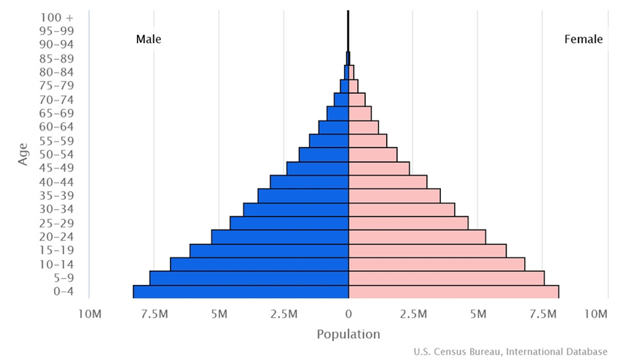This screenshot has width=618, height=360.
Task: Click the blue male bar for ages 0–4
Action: tap(240, 291)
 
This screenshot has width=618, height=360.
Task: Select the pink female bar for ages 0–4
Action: tap(453, 291)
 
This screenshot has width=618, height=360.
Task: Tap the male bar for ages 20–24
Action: tap(280, 237)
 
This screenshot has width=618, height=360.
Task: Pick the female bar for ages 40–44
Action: tap(388, 181)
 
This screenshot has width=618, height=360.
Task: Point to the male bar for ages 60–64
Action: tap(334, 127)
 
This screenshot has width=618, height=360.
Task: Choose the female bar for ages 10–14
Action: tap(437, 264)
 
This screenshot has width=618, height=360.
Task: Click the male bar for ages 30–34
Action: tap(296, 209)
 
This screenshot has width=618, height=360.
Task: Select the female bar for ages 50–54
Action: tap(373, 154)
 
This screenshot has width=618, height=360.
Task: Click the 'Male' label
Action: tap(149, 39)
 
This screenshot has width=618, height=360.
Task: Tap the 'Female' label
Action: tap(584, 39)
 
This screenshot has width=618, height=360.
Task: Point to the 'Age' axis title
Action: tap(23, 153)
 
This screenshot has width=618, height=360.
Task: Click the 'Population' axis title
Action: tap(348, 334)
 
